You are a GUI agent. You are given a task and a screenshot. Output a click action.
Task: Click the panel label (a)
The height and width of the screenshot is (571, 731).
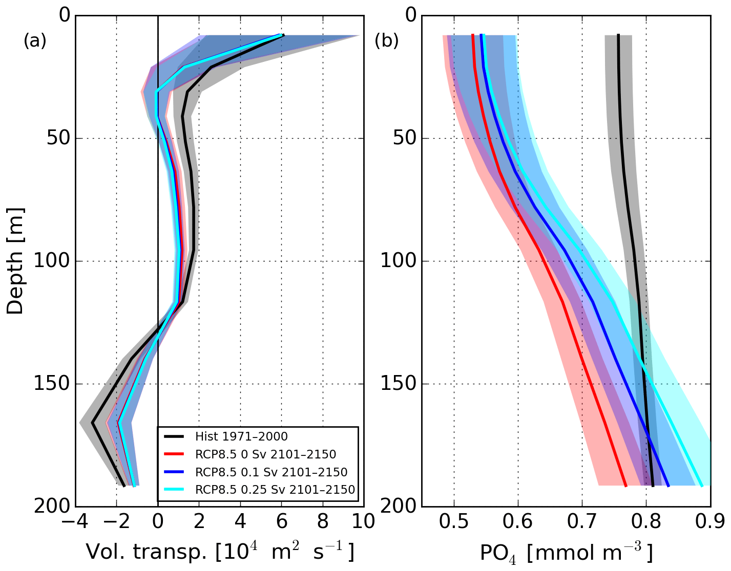[35, 40]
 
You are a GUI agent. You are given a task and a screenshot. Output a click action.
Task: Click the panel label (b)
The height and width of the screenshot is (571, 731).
[387, 40]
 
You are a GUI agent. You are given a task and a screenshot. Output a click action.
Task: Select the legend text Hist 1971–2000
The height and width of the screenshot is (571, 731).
[241, 436]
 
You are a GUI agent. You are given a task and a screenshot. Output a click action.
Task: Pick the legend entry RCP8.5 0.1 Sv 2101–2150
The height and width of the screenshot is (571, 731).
[271, 472]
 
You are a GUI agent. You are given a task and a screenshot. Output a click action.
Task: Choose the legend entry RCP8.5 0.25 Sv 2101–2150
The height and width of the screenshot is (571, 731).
[275, 490]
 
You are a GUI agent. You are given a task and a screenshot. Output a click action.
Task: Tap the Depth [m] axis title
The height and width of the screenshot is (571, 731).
[16, 261]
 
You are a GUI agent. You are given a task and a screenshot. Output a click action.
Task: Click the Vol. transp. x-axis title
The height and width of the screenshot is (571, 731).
[220, 552]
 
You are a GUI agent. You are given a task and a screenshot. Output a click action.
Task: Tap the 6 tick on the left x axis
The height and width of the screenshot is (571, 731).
[281, 522]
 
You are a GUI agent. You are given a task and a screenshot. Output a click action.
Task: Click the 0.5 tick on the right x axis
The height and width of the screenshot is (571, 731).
[454, 522]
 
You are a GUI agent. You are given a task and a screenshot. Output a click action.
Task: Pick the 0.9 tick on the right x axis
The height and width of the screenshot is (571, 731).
[710, 522]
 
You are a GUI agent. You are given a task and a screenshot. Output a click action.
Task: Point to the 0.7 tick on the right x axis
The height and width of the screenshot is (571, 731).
[582, 522]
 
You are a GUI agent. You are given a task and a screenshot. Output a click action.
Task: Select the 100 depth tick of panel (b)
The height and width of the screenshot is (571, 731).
[398, 261]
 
